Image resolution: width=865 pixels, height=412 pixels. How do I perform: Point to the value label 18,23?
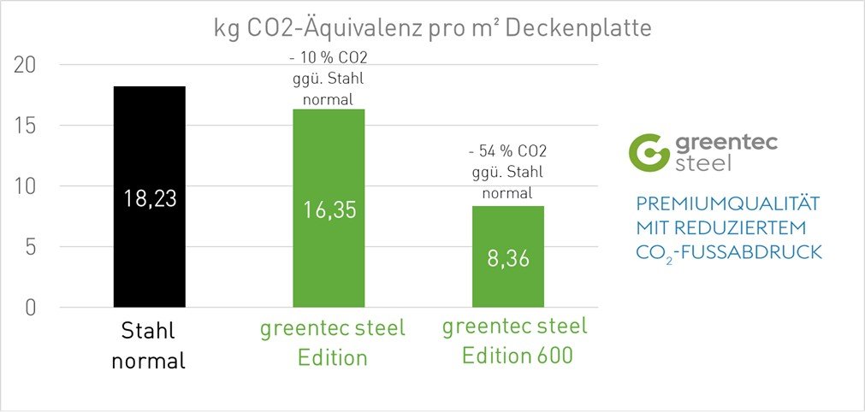pyautogui.click(x=149, y=198)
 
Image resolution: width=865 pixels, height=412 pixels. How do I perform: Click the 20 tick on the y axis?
pyautogui.click(x=25, y=65)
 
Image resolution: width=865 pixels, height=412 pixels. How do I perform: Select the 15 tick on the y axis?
pyautogui.click(x=25, y=126)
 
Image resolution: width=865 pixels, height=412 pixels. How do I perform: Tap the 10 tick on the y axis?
pyautogui.click(x=25, y=186)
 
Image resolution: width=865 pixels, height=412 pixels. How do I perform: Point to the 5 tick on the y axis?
pyautogui.click(x=30, y=247)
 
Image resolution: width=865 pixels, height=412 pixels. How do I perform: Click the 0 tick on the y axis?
pyautogui.click(x=30, y=308)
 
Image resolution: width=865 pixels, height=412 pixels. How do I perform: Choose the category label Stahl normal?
pyautogui.click(x=149, y=345)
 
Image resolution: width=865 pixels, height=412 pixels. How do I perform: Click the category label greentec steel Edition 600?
pyautogui.click(x=515, y=340)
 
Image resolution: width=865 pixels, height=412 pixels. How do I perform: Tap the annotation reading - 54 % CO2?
pyautogui.click(x=508, y=151)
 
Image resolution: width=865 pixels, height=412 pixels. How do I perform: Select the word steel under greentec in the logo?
pyautogui.click(x=703, y=162)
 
